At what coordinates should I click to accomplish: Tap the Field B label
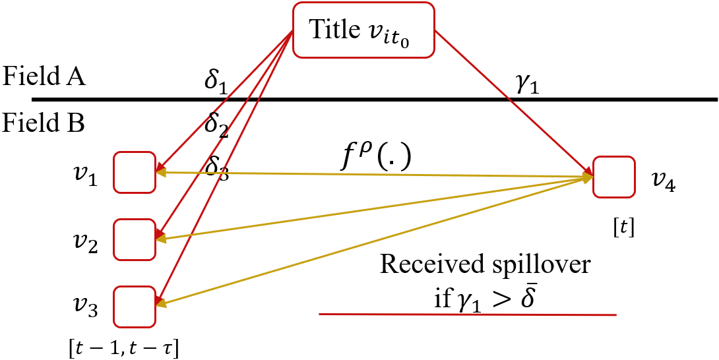click(44, 123)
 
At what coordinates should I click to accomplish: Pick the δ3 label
click(216, 165)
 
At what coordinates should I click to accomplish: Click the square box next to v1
click(135, 173)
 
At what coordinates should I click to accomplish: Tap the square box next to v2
click(135, 239)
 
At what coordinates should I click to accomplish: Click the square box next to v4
click(614, 177)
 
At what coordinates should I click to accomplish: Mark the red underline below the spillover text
click(467, 315)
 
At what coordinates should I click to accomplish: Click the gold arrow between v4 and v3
click(376, 242)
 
